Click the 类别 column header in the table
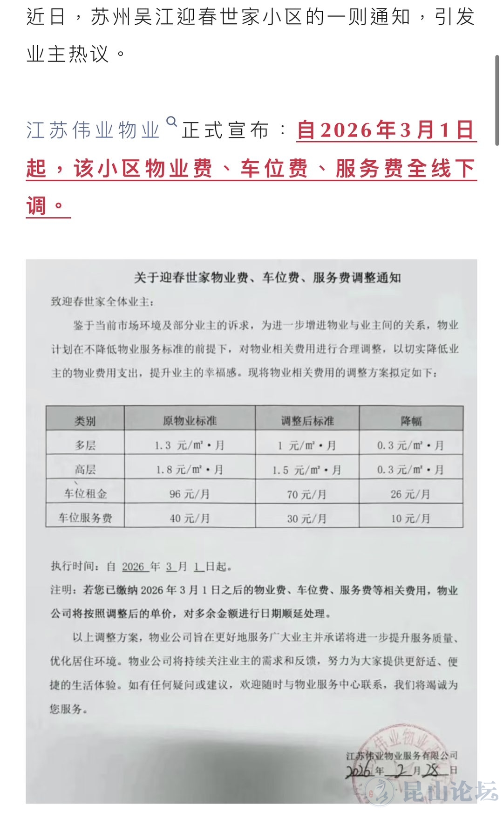85,421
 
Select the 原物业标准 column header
190,421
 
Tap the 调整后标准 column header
307,421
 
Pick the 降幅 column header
411,421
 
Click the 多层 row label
85,445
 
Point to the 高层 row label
85,470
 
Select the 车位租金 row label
85,494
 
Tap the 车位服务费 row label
85,518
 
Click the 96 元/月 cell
190,494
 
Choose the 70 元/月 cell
307,494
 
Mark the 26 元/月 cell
410,494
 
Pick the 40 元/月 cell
190,518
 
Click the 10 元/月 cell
410,519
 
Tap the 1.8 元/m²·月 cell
190,470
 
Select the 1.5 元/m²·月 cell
307,470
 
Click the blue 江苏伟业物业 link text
93,130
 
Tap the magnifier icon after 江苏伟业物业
172,122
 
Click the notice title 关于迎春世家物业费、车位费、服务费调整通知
267,278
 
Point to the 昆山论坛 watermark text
449,792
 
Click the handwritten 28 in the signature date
433,771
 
